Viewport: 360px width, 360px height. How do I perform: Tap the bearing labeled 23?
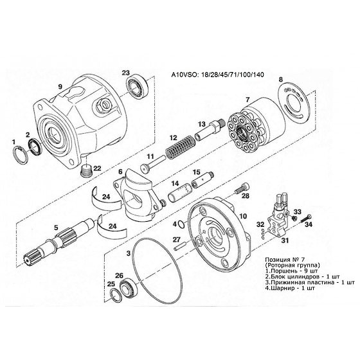click(x=138, y=87)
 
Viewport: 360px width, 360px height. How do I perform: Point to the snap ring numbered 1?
click(x=20, y=155)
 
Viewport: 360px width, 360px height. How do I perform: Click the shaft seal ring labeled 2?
click(x=35, y=147)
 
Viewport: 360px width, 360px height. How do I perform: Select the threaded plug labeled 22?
click(x=87, y=172)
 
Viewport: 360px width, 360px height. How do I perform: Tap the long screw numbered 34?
click(x=306, y=219)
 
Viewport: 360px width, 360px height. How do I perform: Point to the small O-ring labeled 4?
click(x=181, y=224)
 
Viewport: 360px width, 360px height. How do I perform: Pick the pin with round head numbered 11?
click(x=154, y=164)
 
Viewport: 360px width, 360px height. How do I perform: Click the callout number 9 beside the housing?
click(x=60, y=87)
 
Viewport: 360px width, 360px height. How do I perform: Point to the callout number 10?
click(x=243, y=216)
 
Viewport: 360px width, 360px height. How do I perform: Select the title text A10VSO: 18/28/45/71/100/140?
click(x=218, y=75)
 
